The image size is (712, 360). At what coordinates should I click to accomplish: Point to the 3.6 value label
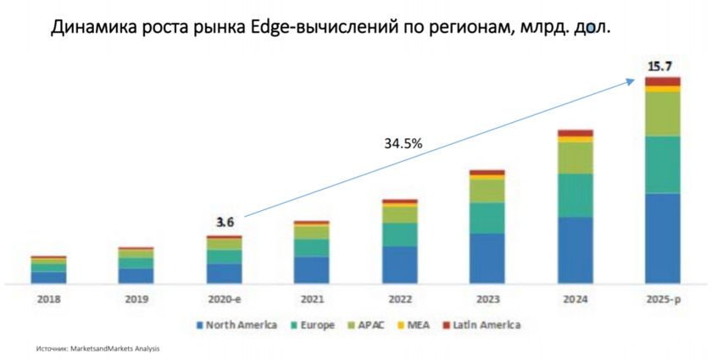pyautogui.click(x=224, y=223)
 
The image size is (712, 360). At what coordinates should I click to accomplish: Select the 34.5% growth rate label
pyautogui.click(x=403, y=144)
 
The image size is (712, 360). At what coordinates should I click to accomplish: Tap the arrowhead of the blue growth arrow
pyautogui.click(x=631, y=80)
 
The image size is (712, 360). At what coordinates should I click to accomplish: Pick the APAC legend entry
pyautogui.click(x=366, y=325)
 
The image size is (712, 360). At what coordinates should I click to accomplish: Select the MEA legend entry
pyautogui.click(x=417, y=325)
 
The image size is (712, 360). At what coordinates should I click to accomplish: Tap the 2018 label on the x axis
pyautogui.click(x=48, y=298)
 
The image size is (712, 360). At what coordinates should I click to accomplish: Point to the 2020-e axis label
pyautogui.click(x=224, y=298)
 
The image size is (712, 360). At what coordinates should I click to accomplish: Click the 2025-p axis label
pyautogui.click(x=662, y=298)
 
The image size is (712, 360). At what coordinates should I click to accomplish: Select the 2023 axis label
pyautogui.click(x=487, y=298)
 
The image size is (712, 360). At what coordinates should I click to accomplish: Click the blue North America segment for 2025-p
pyautogui.click(x=662, y=238)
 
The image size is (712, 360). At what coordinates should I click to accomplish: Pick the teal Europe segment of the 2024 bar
pyautogui.click(x=575, y=195)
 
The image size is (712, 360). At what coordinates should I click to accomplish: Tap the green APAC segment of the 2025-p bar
pyautogui.click(x=662, y=114)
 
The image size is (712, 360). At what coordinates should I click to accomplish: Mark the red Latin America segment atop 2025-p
pyautogui.click(x=662, y=81)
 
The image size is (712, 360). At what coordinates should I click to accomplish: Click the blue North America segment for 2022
pyautogui.click(x=399, y=264)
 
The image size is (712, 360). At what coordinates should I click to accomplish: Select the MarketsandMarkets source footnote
pyautogui.click(x=97, y=348)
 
